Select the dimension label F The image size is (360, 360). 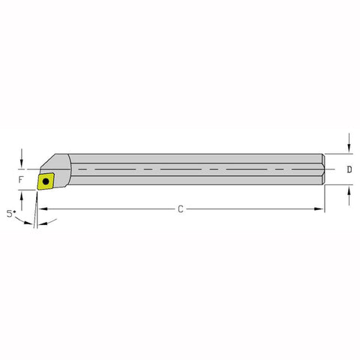(x=22, y=180)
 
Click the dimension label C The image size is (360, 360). (x=180, y=208)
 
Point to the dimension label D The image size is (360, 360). (x=349, y=170)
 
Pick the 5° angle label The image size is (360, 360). (x=10, y=214)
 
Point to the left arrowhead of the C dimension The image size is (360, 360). (x=40, y=208)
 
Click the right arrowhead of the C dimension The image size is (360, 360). (x=321, y=208)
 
